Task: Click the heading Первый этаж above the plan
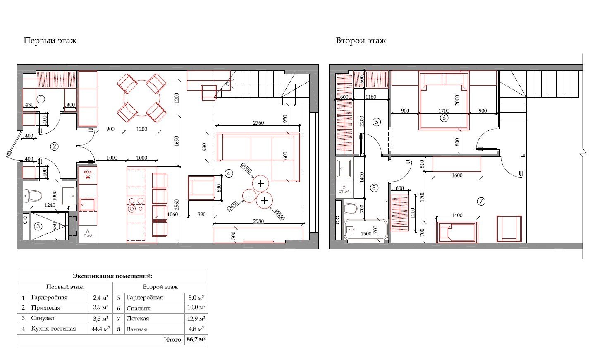[x=50, y=41]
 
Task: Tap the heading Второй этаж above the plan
[x=361, y=41]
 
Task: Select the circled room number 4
[x=229, y=173]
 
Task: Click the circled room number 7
[x=481, y=202]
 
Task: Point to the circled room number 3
[x=38, y=226]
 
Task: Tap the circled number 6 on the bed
[x=444, y=118]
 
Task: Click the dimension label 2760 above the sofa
[x=258, y=123]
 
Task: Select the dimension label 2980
[x=258, y=221]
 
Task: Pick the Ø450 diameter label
[x=232, y=206]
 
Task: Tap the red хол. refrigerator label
[x=88, y=172]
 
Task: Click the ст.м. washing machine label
[x=344, y=191]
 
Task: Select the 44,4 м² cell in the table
[x=100, y=329]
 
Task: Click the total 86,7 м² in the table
[x=196, y=339]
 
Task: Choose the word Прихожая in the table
[x=46, y=308]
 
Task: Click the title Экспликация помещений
[x=113, y=276]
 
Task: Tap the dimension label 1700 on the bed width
[x=444, y=110]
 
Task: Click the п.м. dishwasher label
[x=88, y=235]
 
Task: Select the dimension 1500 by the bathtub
[x=366, y=233]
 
